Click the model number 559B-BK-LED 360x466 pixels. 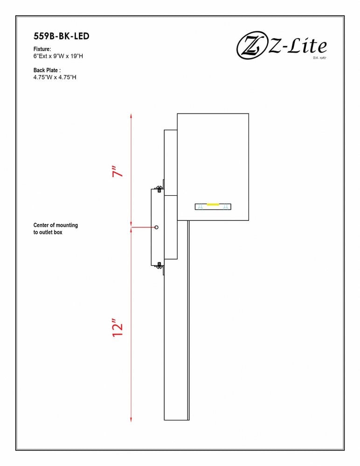[x=61, y=36]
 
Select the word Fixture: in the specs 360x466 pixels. [x=42, y=49]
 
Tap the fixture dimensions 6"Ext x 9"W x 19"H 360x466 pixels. [x=58, y=56]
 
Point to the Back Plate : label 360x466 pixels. [x=47, y=70]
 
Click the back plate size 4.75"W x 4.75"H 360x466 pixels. [x=55, y=77]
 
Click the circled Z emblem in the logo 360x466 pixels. [x=251, y=46]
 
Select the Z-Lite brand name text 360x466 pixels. [x=298, y=46]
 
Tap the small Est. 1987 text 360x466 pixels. [x=319, y=57]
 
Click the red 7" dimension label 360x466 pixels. [x=118, y=172]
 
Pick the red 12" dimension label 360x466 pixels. [x=118, y=328]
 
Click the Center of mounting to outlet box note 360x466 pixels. [x=55, y=228]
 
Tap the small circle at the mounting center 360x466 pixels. [x=157, y=227]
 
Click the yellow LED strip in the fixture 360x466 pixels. [x=213, y=205]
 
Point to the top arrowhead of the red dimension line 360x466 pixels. [x=131, y=116]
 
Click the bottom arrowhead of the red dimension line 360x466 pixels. [x=131, y=419]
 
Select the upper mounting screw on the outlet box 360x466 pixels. [x=159, y=189]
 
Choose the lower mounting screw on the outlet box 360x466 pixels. [x=159, y=265]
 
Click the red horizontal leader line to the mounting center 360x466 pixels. [x=144, y=227]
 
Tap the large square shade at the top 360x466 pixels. [x=213, y=167]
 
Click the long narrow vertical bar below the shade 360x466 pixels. [x=176, y=321]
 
